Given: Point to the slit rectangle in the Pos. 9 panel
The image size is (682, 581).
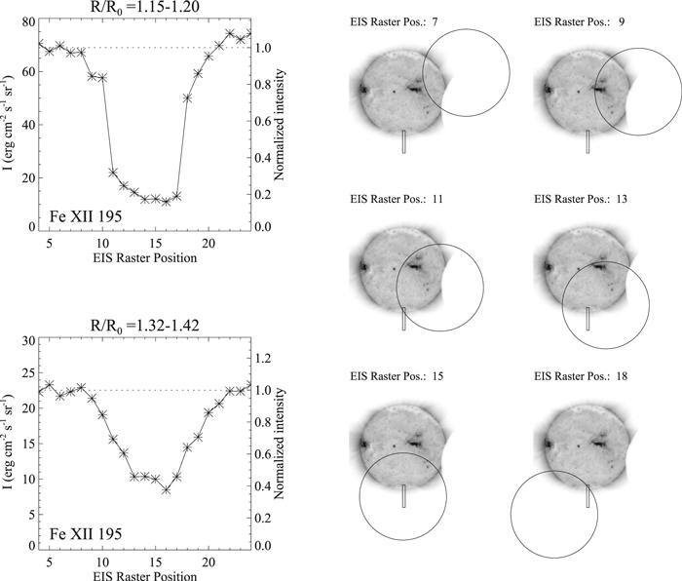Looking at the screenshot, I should pos(588,142).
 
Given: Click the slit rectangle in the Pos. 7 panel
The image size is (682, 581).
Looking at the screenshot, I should pos(403,142).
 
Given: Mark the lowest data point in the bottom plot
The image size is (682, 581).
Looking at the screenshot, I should pos(167,489).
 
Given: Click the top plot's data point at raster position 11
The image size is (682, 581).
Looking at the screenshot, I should pos(113,172).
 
